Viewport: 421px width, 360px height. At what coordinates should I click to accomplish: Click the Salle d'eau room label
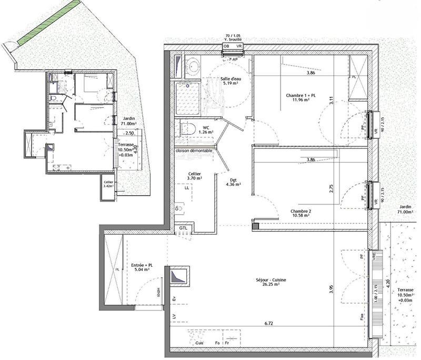pos(231,81)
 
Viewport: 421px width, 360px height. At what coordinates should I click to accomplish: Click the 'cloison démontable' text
pos(194,151)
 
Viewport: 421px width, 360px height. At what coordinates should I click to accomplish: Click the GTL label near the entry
pos(183,227)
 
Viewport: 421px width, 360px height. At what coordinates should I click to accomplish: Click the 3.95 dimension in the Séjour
pos(332,290)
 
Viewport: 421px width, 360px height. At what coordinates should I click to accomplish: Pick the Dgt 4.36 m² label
pos(233,182)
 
